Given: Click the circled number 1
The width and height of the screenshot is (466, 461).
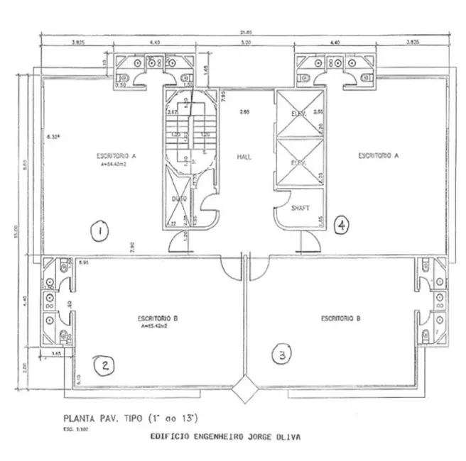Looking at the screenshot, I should coord(101,230).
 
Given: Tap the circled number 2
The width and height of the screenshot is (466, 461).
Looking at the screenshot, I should coord(104,365).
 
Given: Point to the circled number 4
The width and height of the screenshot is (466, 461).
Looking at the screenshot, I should coord(342,226).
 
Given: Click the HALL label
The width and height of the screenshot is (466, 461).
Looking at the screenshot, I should coord(245,157).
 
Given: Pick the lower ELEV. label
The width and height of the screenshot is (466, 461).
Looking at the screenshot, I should coord(298,162).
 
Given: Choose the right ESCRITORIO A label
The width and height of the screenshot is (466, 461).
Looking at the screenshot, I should coord(378,155).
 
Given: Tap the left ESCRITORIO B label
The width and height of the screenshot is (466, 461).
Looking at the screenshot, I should coord(158,319).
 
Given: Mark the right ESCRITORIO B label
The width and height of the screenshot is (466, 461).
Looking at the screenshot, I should coord(341,318).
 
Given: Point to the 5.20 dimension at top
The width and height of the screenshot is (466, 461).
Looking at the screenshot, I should coord(246,43).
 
